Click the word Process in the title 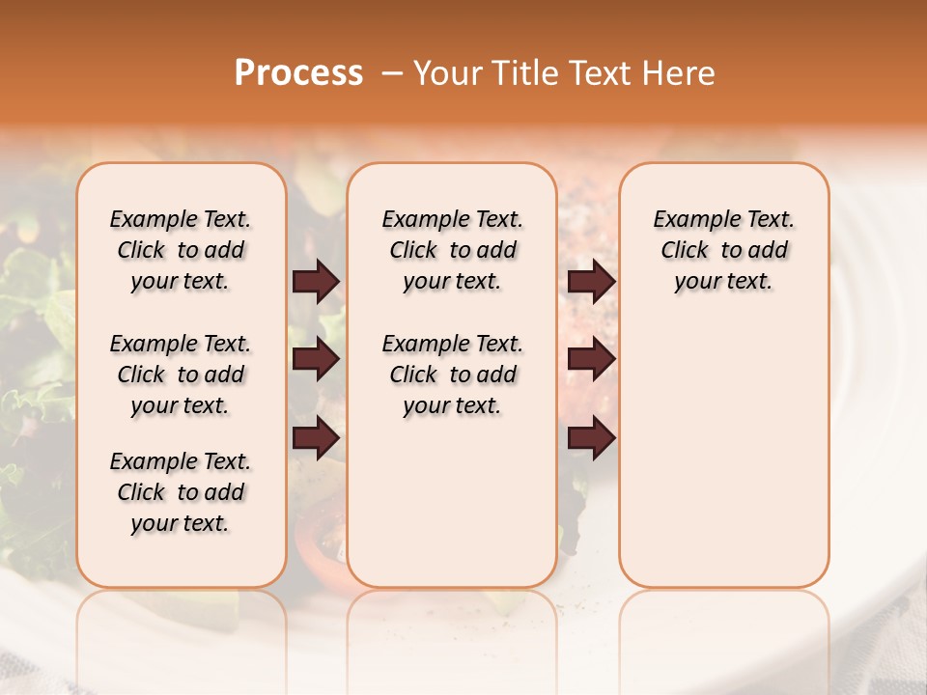point(298,73)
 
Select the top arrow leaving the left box point(316,282)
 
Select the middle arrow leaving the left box point(316,360)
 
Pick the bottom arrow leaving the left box point(316,438)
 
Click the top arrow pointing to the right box point(591,282)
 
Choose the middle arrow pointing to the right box point(591,360)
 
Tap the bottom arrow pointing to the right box point(591,438)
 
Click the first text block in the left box point(181,251)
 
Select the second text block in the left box point(181,375)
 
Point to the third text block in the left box point(181,493)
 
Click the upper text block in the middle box point(452,251)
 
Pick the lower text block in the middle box point(452,375)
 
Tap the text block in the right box point(723,251)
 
